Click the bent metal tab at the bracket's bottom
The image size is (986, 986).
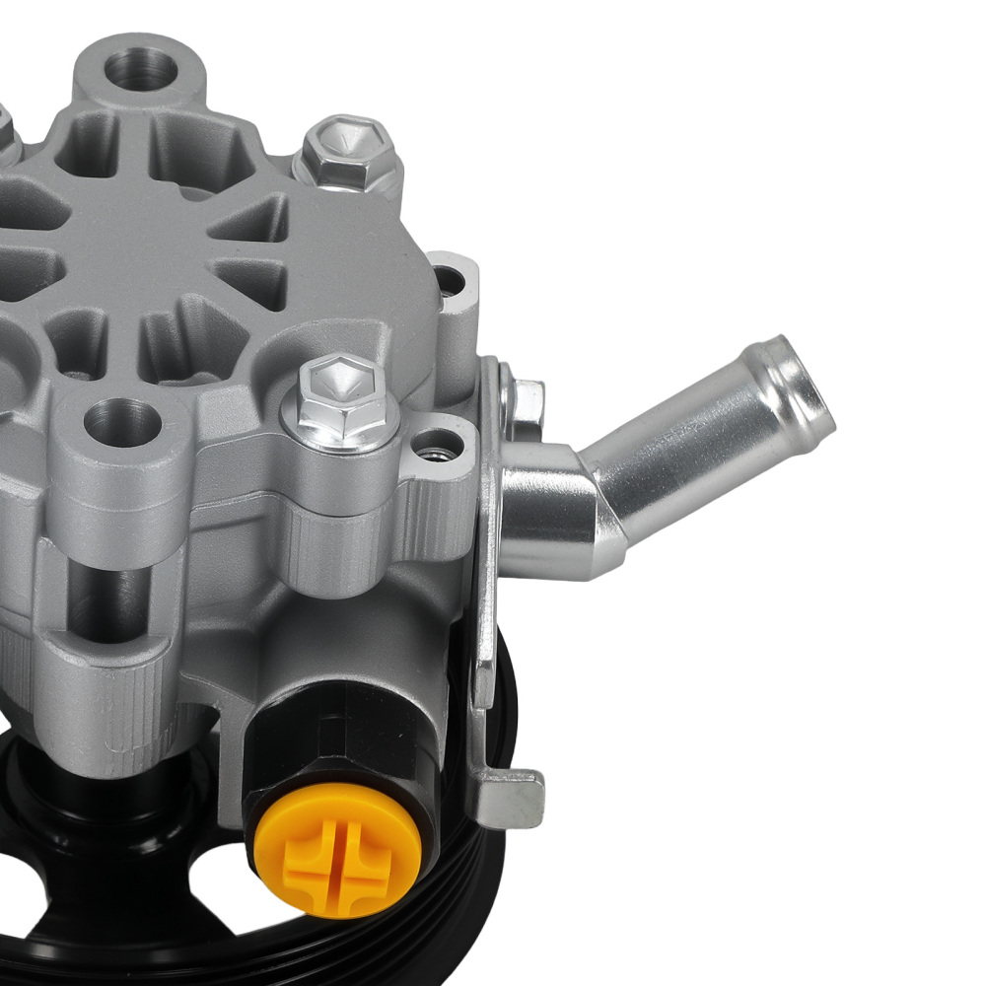point(513,789)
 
